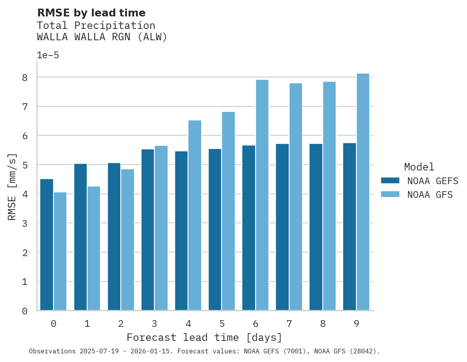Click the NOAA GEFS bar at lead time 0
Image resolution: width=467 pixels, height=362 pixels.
point(47,245)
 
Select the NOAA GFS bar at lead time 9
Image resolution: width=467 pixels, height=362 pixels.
point(363,192)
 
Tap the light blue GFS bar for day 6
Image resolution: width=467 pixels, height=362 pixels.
point(262,195)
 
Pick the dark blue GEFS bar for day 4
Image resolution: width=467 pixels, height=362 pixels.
point(181,231)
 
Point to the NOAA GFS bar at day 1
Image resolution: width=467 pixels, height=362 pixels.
point(94,248)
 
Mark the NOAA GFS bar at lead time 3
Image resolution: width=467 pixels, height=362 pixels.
point(161,228)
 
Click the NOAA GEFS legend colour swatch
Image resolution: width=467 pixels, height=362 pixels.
point(390,181)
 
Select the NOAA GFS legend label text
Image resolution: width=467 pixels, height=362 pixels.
point(430,195)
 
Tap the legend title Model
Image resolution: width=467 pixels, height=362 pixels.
point(419,167)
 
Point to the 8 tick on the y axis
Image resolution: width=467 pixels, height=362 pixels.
point(25,77)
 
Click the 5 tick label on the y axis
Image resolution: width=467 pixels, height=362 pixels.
point(25,165)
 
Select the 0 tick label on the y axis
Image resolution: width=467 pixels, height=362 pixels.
point(25,311)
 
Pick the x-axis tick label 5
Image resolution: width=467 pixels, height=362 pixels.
point(222,324)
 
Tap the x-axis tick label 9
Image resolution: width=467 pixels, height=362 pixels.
point(356,324)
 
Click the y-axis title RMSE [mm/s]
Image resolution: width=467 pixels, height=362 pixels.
point(12,187)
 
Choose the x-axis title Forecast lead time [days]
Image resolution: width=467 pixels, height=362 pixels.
point(204,337)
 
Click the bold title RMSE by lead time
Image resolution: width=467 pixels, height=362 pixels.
point(91,13)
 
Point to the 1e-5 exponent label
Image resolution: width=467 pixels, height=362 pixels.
point(48,55)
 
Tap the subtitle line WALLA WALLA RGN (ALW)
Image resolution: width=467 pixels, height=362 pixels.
point(102,37)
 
